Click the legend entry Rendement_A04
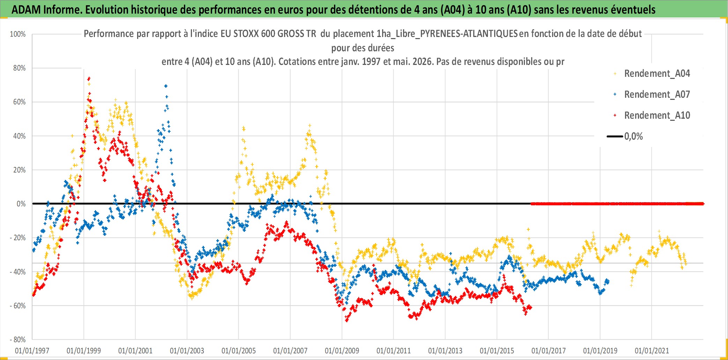[657, 74]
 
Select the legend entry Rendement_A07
[657, 95]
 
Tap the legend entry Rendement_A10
[657, 116]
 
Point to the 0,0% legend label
[633, 137]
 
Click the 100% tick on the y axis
[18, 34]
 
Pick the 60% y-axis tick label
[20, 102]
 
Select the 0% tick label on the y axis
[21, 204]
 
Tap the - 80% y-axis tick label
[18, 340]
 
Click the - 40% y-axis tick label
[18, 272]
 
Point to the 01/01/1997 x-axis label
[32, 351]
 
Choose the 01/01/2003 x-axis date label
[187, 351]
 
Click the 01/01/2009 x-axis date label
[342, 351]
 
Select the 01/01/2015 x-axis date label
[497, 351]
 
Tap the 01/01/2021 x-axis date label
[652, 351]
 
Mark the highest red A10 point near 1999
[89, 78]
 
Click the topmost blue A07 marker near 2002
[166, 86]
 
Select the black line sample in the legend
[615, 137]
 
